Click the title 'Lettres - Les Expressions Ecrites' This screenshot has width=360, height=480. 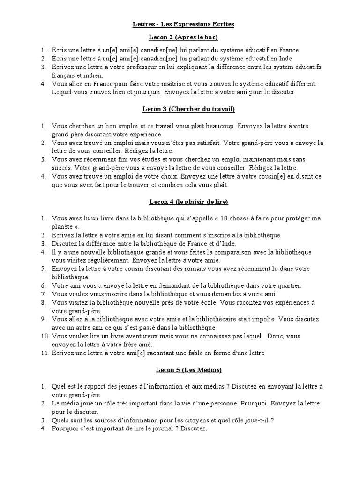click(180, 24)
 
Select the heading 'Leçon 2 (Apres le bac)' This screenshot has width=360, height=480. click(180, 37)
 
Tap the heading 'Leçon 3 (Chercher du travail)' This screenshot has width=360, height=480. click(180, 109)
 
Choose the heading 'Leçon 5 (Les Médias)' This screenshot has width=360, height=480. click(180, 370)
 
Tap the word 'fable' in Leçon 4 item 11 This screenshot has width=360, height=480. click(180, 353)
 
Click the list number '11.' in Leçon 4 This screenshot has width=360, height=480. click(43, 353)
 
